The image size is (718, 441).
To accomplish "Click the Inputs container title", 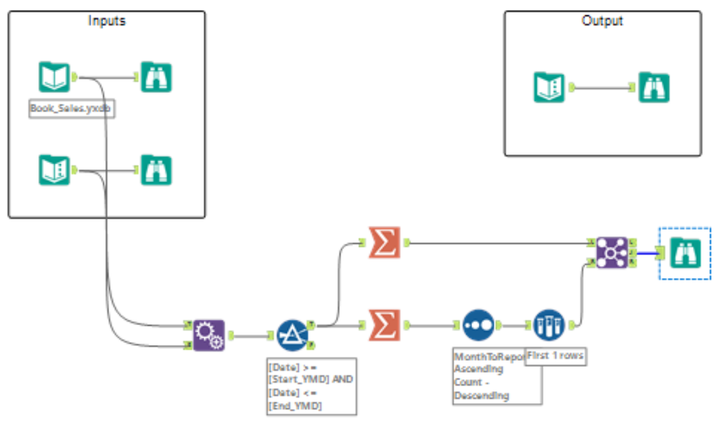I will pos(106,21).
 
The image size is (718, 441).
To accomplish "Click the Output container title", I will pos(602,21).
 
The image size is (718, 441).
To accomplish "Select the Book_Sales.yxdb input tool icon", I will pos(55,78).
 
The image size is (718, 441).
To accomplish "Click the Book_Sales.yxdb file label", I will pos(71,109).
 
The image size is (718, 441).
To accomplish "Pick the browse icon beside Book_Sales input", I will pos(156,78).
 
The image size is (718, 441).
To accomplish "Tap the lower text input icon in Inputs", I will pos(55,171).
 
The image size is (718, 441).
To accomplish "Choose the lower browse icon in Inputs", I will pos(156,171).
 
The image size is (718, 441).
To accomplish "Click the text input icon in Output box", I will pos(549,88).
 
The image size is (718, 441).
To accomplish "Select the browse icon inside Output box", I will pos(654,88).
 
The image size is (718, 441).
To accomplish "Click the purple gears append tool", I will pos(208,335).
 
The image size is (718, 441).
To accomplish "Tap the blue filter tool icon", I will pos(292,335).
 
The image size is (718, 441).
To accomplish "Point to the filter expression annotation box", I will pos(311,386).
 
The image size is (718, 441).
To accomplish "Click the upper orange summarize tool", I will pos(385,242).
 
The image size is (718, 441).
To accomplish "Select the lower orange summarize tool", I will pos(385,326).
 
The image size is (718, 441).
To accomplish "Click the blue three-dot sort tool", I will pos(478,326).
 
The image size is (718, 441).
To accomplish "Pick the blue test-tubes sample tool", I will pos(550,326).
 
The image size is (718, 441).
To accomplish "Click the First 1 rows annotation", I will pos(556,356).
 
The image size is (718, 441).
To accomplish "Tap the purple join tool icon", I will pos(611,253).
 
